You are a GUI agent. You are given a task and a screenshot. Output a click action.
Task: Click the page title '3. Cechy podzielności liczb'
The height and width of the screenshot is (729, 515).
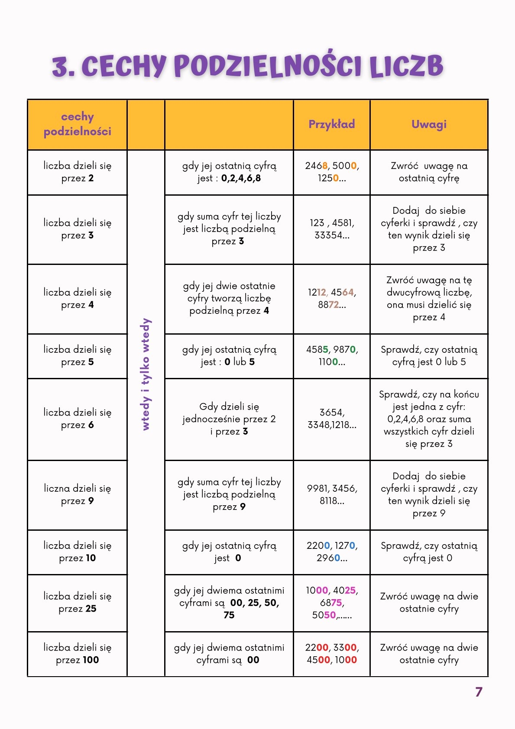click(x=248, y=66)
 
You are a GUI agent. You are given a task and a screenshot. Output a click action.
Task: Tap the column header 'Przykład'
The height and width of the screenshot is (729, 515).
click(x=331, y=124)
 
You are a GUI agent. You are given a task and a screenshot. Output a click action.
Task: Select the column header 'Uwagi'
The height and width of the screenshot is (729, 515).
click(x=429, y=124)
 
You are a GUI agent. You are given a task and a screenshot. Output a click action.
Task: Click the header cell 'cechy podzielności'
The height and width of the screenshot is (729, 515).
click(x=78, y=124)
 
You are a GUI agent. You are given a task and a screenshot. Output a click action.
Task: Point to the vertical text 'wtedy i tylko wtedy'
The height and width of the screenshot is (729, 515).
click(x=146, y=374)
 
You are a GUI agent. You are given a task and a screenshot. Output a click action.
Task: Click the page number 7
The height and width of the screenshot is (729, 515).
click(x=478, y=692)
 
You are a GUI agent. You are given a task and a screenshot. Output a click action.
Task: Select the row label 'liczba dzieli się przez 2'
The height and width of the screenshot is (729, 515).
click(x=78, y=172)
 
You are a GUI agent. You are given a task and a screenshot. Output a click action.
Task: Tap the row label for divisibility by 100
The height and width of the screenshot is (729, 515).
click(x=78, y=654)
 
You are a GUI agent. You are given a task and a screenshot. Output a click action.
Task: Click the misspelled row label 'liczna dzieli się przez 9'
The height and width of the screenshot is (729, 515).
click(x=78, y=494)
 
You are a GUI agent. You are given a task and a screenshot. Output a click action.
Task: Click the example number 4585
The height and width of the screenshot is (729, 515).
click(x=317, y=349)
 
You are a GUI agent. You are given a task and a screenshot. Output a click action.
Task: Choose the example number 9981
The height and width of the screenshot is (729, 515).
click(x=318, y=488)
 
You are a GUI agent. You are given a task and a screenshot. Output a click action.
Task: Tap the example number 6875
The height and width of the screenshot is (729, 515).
click(x=331, y=603)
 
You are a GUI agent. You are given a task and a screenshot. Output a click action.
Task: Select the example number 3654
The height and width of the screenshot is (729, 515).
click(x=331, y=412)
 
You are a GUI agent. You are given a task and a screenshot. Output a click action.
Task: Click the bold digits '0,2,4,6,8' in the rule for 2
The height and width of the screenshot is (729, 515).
click(x=241, y=178)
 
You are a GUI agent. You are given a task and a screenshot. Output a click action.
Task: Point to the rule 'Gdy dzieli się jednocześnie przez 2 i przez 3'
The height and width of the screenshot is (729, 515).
click(x=229, y=419)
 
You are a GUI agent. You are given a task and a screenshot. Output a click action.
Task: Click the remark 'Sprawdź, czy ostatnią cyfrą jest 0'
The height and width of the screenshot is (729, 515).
click(x=429, y=552)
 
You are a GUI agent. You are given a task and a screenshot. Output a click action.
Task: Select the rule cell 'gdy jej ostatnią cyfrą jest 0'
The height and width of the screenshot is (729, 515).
click(x=229, y=552)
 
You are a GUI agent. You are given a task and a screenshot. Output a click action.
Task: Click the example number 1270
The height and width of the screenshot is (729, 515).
click(x=345, y=545)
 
